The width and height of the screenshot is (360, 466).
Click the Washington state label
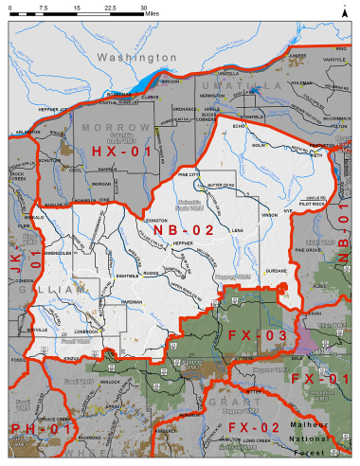click(137, 57)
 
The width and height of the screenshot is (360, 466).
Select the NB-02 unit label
click(182, 229)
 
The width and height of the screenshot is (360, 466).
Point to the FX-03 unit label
click(257, 335)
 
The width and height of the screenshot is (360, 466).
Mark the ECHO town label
click(238, 124)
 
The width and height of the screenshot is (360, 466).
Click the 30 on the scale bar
click(144, 7)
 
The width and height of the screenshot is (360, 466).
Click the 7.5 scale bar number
click(44, 7)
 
